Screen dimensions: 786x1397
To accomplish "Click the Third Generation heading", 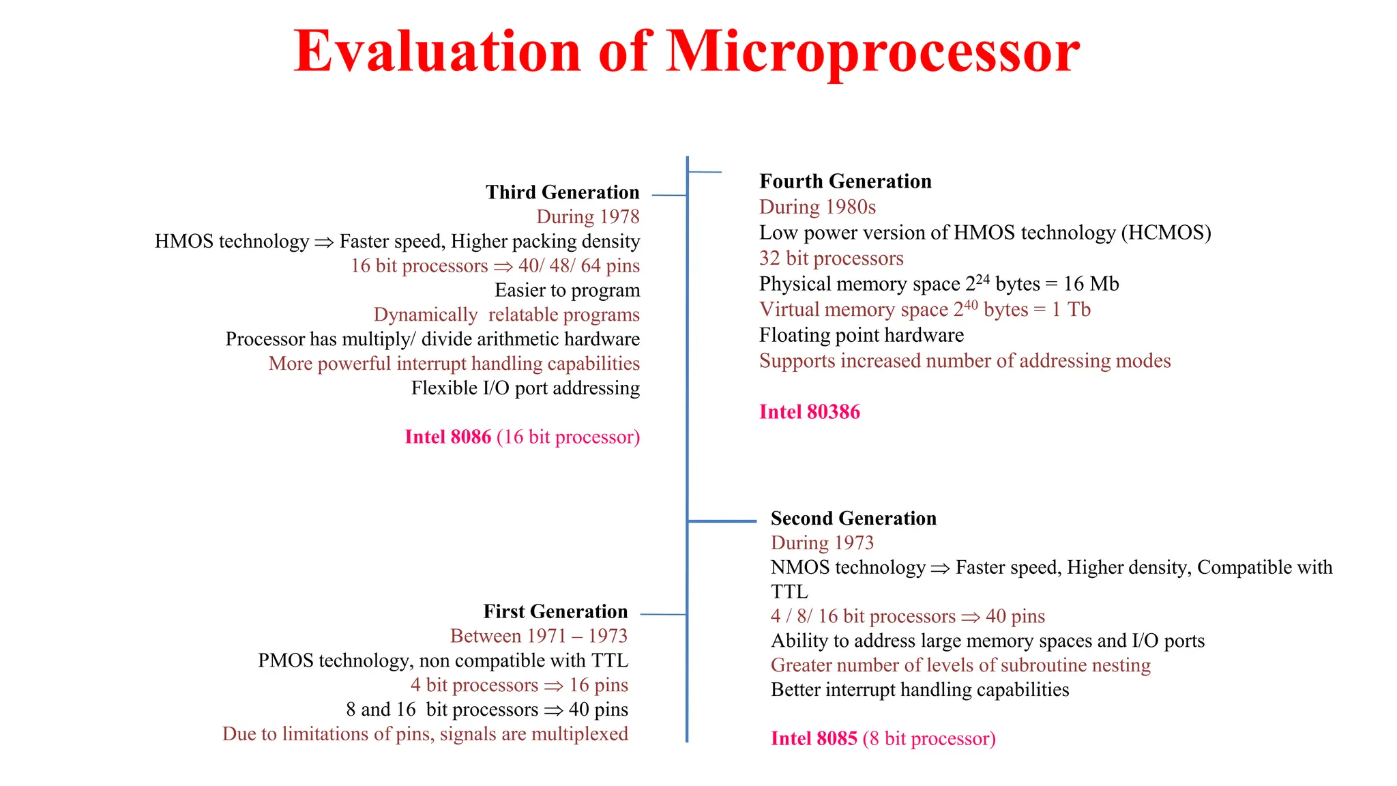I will [562, 192].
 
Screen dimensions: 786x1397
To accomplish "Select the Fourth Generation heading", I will [845, 181].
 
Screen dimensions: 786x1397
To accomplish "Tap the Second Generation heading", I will [853, 519].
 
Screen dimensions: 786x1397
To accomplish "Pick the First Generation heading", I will [555, 611].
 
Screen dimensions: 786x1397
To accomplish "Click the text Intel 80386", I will [810, 412].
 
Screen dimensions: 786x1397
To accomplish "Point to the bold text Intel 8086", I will [447, 437].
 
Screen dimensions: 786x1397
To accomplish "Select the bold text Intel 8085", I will [814, 739].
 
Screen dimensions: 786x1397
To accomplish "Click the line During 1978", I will [587, 217].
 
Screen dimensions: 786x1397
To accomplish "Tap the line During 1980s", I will [817, 207].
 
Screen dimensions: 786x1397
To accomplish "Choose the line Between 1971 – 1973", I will [538, 636].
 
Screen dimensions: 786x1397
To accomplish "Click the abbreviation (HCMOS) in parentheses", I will [1166, 233].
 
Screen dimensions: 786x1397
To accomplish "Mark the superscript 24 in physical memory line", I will [982, 278].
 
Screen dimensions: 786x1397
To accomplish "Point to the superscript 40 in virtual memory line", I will [971, 304].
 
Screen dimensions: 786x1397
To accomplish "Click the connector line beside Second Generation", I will [722, 521].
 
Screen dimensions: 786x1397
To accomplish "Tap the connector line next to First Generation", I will [663, 615].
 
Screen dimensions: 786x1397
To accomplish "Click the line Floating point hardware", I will [861, 335].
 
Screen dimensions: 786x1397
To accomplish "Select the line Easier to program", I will [567, 291].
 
